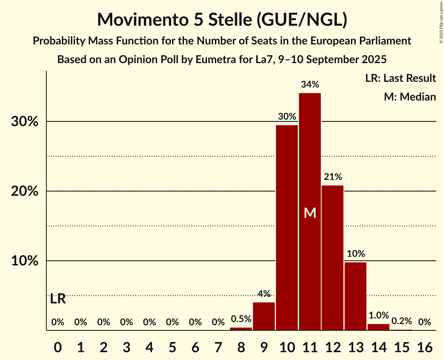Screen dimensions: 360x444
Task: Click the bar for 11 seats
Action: [310, 164]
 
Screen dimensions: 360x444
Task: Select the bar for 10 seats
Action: [287, 228]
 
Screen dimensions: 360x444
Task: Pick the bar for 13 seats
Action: [356, 296]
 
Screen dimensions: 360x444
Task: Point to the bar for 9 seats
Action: [264, 316]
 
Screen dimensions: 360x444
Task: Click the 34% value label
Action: [310, 85]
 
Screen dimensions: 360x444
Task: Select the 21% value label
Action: [333, 177]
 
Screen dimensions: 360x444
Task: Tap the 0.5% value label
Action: [241, 319]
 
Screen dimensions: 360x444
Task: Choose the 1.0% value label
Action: [379, 316]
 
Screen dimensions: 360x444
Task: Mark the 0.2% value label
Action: [402, 321]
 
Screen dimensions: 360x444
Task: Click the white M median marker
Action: [310, 213]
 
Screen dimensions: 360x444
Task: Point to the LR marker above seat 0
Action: [58, 299]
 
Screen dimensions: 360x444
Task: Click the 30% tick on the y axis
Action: [24, 122]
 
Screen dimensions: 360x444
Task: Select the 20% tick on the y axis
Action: [24, 192]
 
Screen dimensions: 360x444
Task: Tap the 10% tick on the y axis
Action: [24, 261]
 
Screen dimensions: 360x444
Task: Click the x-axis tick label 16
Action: [425, 346]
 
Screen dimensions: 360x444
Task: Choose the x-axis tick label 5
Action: [172, 346]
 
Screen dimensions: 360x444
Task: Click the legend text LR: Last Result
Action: [400, 78]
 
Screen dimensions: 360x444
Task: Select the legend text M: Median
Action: [410, 97]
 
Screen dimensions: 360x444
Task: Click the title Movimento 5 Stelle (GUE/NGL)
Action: [222, 19]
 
